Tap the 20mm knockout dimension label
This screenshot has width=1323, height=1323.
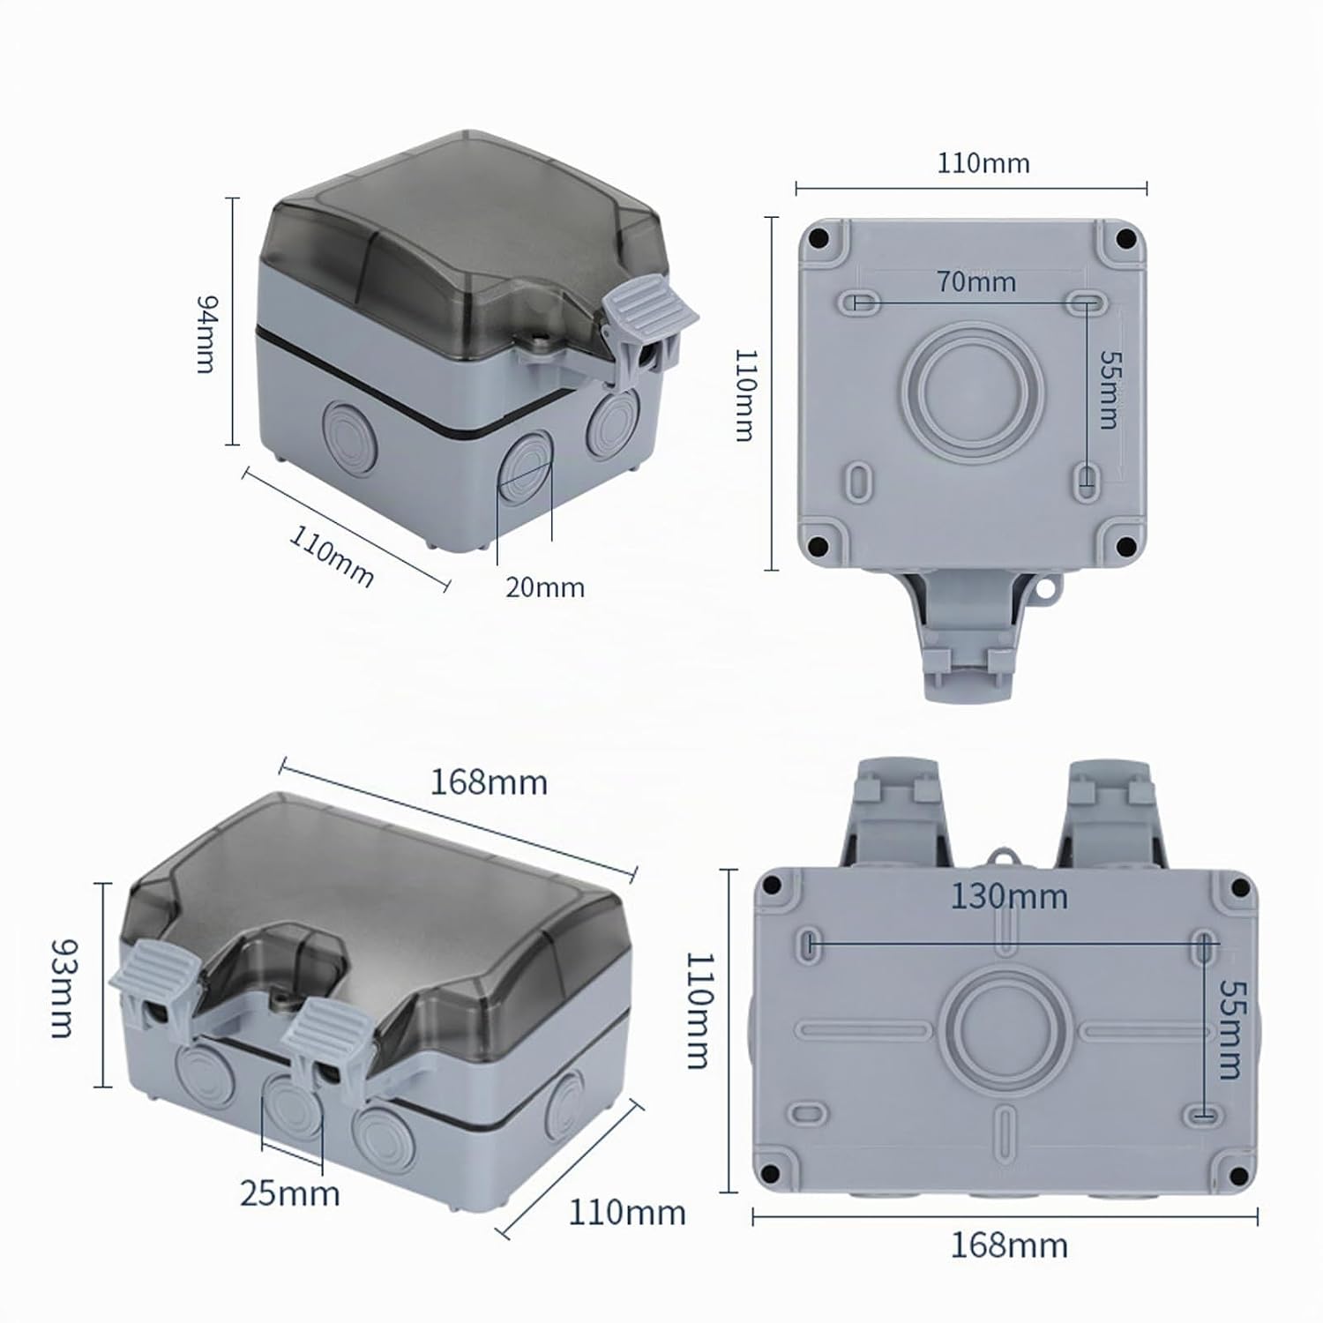tap(545, 587)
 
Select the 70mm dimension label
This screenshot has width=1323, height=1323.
tap(976, 281)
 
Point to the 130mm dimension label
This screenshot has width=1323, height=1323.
tap(1009, 896)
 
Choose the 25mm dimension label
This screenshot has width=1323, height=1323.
tap(289, 1193)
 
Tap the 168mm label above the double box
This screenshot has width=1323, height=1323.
tap(489, 782)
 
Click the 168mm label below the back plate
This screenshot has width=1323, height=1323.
tap(1009, 1245)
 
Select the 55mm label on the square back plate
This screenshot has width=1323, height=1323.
tap(1108, 390)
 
